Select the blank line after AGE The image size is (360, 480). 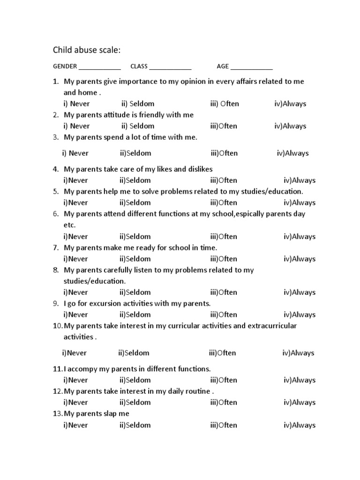(x=251, y=67)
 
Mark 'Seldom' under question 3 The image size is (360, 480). (x=135, y=153)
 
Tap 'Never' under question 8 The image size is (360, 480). (x=75, y=292)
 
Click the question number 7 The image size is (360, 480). (x=55, y=247)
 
